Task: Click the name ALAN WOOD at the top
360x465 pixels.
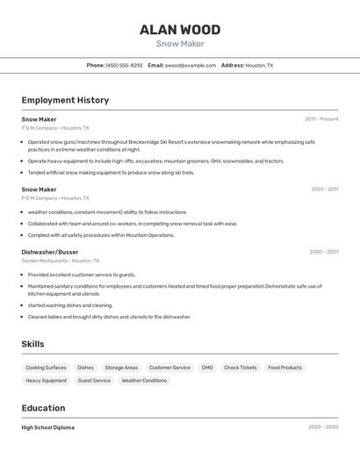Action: tap(180, 30)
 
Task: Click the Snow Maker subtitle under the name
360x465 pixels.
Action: tap(180, 44)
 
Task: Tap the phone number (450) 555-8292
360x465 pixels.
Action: tap(124, 65)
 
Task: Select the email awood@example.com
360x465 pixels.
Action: tap(191, 65)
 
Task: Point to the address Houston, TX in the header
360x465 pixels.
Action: tap(259, 65)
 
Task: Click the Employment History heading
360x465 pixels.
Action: tap(65, 100)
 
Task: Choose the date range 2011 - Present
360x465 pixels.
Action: tap(321, 119)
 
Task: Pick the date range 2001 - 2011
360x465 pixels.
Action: tap(324, 190)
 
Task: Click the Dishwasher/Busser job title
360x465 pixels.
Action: tap(50, 252)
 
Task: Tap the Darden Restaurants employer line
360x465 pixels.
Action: tap(61, 261)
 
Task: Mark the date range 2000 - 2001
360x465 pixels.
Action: tap(323, 252)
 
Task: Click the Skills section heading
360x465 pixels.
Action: tap(32, 344)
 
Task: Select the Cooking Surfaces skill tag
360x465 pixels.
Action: tap(46, 368)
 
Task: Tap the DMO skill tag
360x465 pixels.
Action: tap(207, 368)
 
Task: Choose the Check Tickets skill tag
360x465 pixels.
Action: tap(241, 368)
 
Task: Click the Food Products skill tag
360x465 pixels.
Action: tap(284, 368)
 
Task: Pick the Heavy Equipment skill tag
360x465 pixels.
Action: tap(46, 381)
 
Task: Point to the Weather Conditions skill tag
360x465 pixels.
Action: tap(144, 381)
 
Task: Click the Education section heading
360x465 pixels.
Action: tap(43, 408)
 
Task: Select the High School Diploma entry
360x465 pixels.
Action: tap(48, 427)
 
